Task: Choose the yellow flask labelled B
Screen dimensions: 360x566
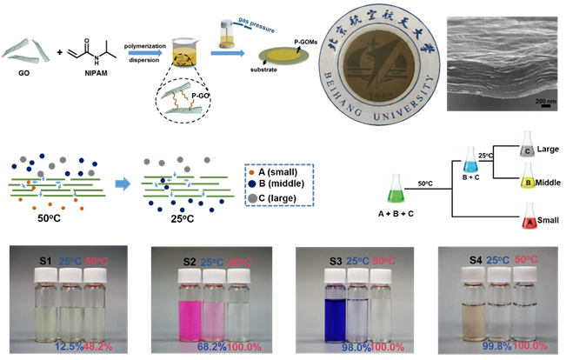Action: point(526,180)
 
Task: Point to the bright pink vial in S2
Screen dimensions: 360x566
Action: point(163,310)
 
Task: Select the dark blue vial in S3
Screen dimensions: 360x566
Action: point(310,310)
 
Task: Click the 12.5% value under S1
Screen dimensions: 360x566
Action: point(67,346)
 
